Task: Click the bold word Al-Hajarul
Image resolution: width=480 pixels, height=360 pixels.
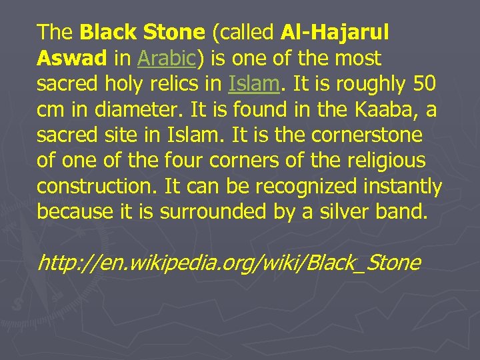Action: point(335,31)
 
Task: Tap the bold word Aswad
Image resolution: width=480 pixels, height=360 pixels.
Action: point(72,58)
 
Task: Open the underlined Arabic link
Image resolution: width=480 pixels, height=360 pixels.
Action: point(165,58)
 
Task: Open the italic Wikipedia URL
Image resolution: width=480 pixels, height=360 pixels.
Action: point(229,263)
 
